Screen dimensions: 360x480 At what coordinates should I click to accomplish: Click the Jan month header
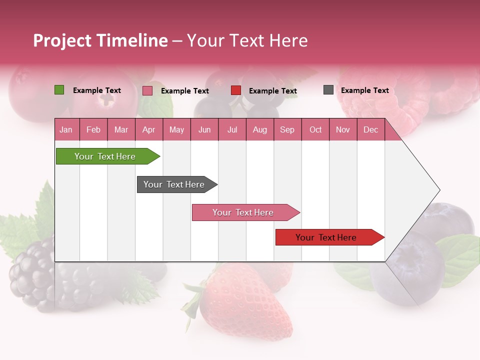point(66,130)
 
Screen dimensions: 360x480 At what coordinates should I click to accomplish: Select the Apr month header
point(148,130)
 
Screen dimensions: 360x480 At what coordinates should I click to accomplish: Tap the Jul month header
point(232,130)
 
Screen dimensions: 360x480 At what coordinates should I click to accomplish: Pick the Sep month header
point(287,130)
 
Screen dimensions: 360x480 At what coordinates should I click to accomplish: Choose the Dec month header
point(370,130)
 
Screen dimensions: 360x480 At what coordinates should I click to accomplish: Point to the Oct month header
point(315,130)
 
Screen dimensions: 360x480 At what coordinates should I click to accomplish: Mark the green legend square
point(59,90)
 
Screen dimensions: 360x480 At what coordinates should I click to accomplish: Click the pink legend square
point(147,90)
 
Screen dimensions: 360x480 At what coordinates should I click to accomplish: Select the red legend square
point(236,90)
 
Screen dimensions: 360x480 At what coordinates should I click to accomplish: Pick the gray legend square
point(328,90)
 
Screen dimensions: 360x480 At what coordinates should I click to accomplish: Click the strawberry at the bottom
point(245,300)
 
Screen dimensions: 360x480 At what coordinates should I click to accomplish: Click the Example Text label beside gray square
point(364,90)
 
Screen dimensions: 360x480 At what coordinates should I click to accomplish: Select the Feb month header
point(93,130)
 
